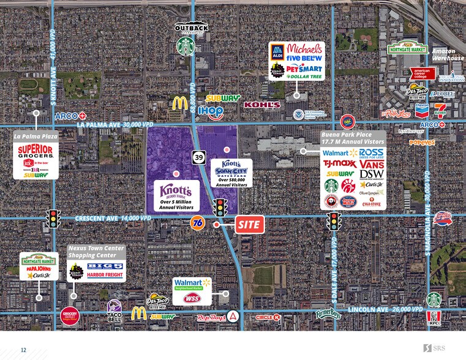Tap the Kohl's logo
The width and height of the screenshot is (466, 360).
click(261, 105)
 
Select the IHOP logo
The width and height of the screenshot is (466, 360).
click(210, 111)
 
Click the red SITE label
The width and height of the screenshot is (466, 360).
click(250, 225)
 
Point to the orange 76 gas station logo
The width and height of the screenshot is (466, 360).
click(197, 223)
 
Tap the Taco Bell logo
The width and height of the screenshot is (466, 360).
click(115, 310)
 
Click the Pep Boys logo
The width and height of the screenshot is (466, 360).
click(211, 317)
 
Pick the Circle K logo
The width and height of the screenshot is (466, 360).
click(268, 317)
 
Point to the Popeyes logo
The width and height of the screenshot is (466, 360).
click(422, 142)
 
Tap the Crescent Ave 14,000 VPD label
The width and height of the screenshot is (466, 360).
click(113, 218)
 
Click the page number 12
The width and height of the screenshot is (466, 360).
click(23, 350)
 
